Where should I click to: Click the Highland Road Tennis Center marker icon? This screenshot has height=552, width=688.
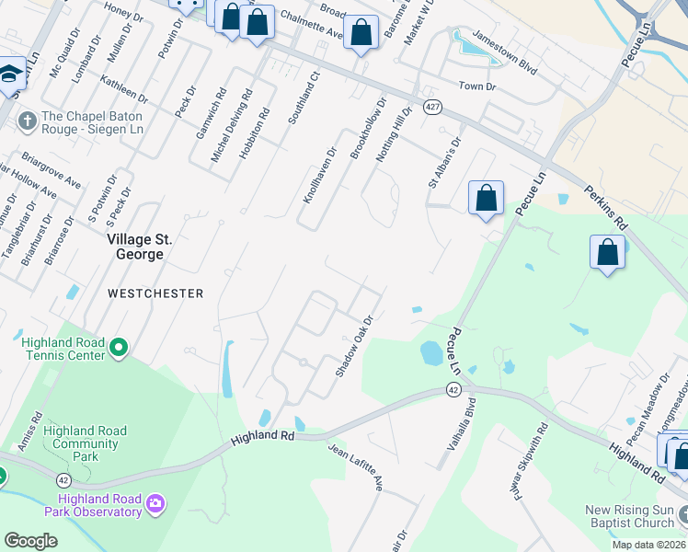pos(119,349)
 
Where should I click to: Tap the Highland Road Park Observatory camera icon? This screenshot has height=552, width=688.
pos(155,502)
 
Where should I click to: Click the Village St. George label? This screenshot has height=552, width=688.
pos(140,246)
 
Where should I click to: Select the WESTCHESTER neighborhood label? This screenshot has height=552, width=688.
pos(155,293)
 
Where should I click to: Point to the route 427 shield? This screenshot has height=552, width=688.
pos(432,107)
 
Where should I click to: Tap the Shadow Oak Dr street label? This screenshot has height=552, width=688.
pos(353,346)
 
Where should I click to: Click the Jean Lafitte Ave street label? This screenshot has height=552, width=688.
pos(355,466)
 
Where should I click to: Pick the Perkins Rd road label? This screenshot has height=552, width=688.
pos(604,210)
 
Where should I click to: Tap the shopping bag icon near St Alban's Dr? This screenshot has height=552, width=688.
pos(486,198)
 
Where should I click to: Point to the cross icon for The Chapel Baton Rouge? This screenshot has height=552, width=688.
pos(27,119)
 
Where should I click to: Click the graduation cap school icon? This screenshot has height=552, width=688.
pos(10,75)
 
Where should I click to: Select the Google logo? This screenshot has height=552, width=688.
pos(30,541)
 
